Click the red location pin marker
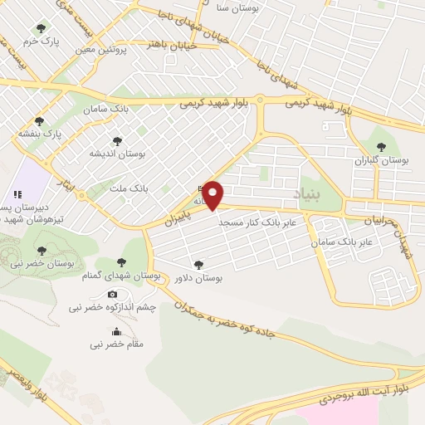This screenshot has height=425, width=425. point(214,196)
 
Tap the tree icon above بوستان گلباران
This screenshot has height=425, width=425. point(381,146)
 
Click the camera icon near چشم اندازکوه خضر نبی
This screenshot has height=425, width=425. point(112,294)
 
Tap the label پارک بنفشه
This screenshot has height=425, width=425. point(42,133)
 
